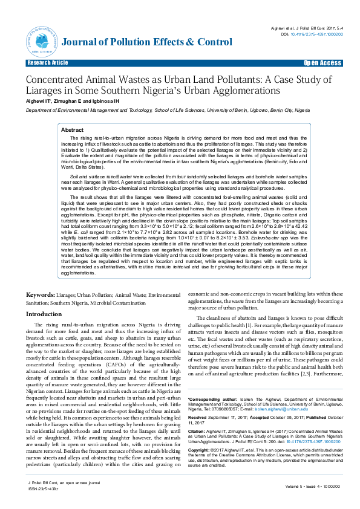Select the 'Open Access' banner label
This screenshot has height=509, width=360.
[x=322, y=63]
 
